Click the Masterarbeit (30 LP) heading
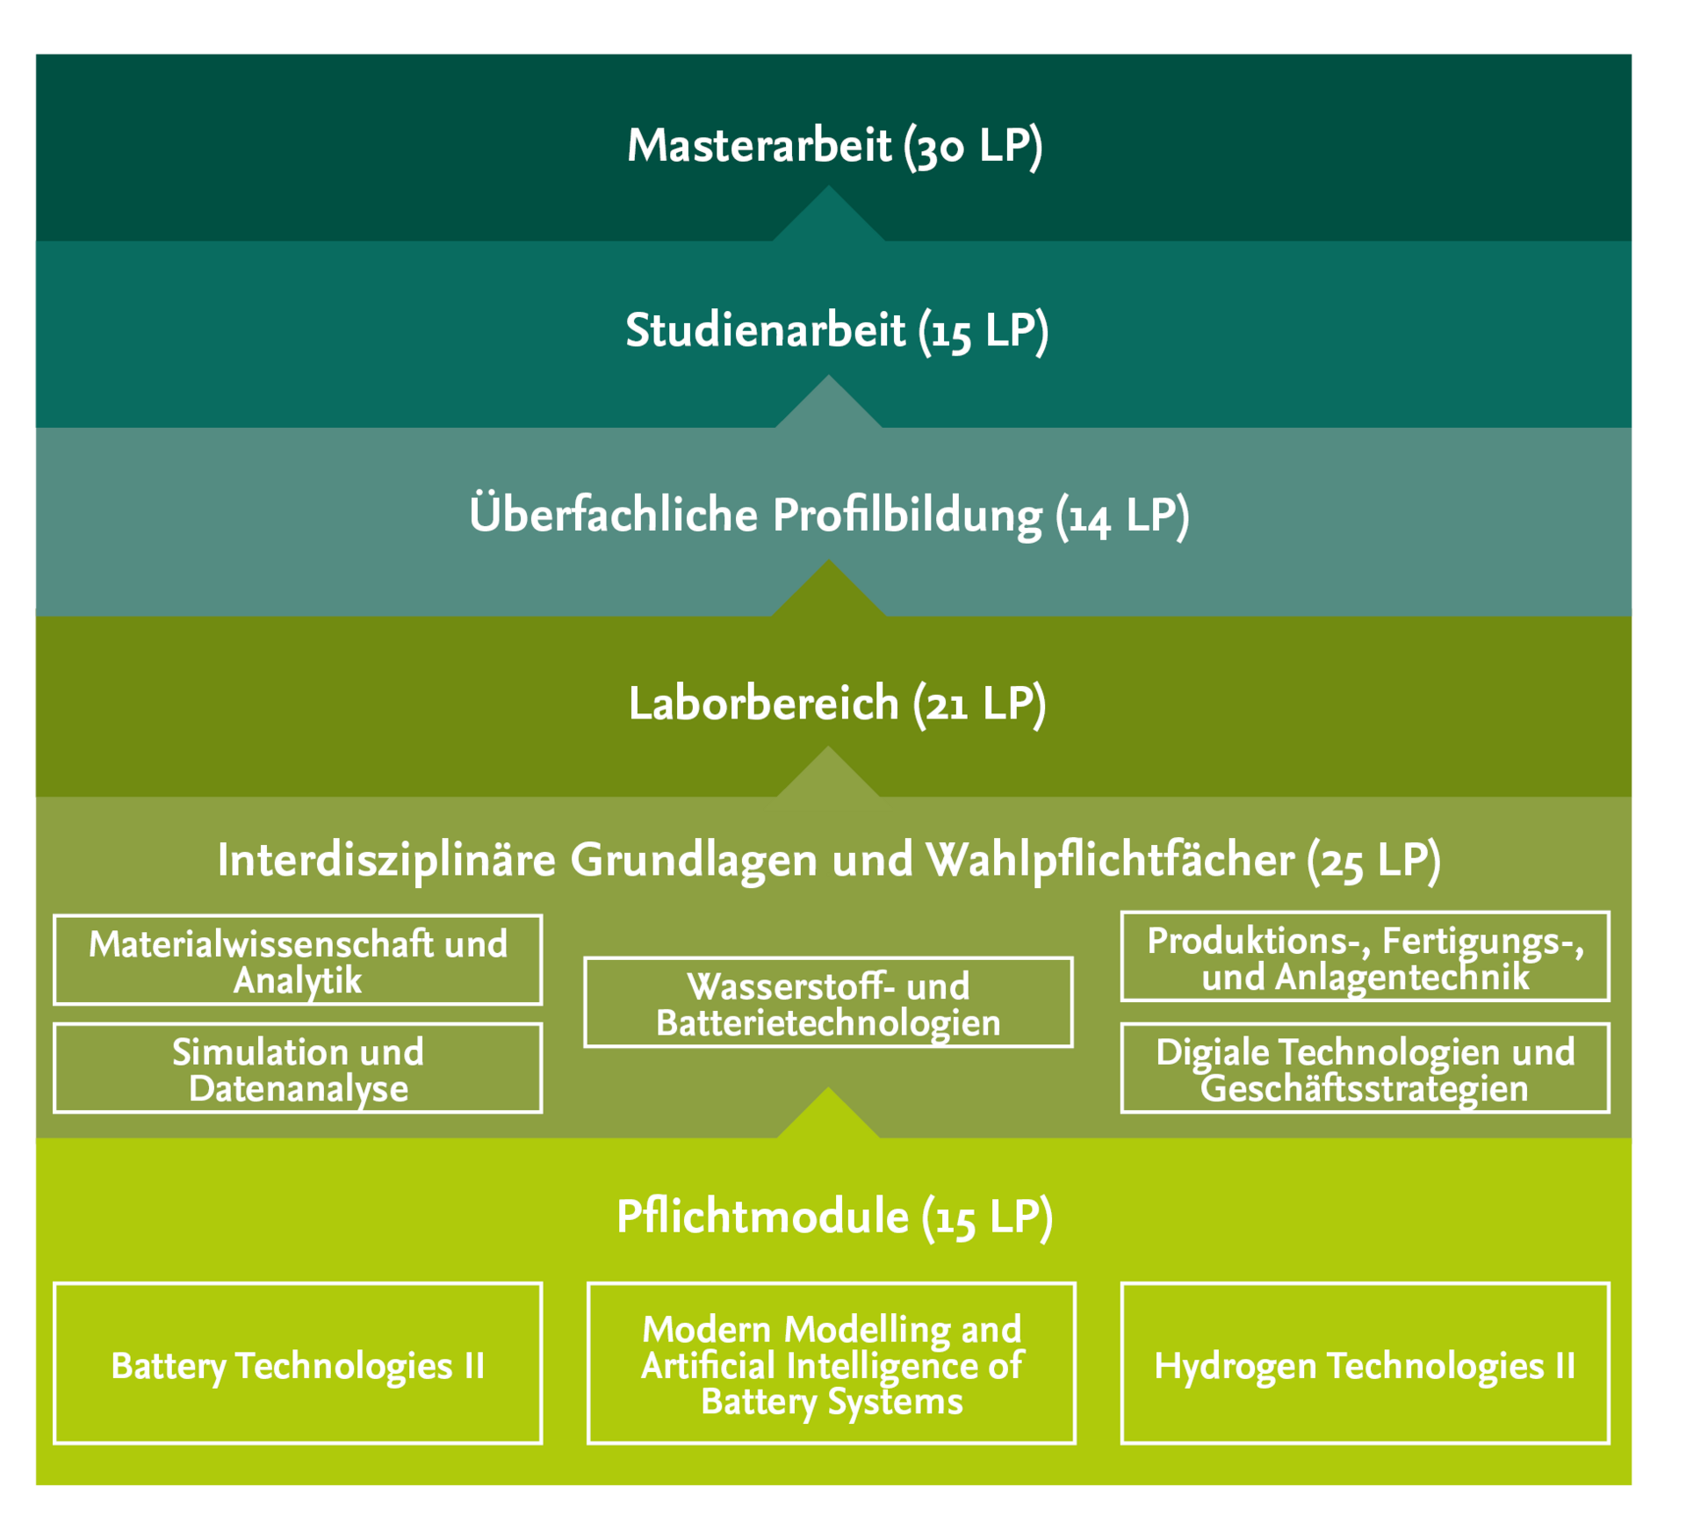pyautogui.click(x=834, y=146)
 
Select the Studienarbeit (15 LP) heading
pyautogui.click(x=836, y=331)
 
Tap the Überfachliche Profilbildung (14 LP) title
pyautogui.click(x=829, y=516)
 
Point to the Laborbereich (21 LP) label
pyautogui.click(x=837, y=704)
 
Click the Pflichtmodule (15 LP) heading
pyautogui.click(x=834, y=1217)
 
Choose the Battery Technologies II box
pyautogui.click(x=298, y=1364)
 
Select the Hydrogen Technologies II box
pyautogui.click(x=1365, y=1364)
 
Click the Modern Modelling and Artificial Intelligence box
pyautogui.click(x=832, y=1364)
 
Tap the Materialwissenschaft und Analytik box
pyautogui.click(x=298, y=960)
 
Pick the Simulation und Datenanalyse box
pyautogui.click(x=298, y=1068)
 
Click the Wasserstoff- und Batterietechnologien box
pyautogui.click(x=828, y=1002)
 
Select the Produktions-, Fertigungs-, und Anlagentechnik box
pyautogui.click(x=1365, y=957)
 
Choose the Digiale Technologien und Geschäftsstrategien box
pyautogui.click(x=1365, y=1068)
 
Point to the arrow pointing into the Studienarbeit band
pyautogui.click(x=828, y=405)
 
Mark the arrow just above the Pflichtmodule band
pyautogui.click(x=828, y=1116)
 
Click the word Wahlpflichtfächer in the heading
pyautogui.click(x=1110, y=860)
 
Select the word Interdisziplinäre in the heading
pyautogui.click(x=386, y=860)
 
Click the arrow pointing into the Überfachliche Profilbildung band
pyautogui.click(x=828, y=592)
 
